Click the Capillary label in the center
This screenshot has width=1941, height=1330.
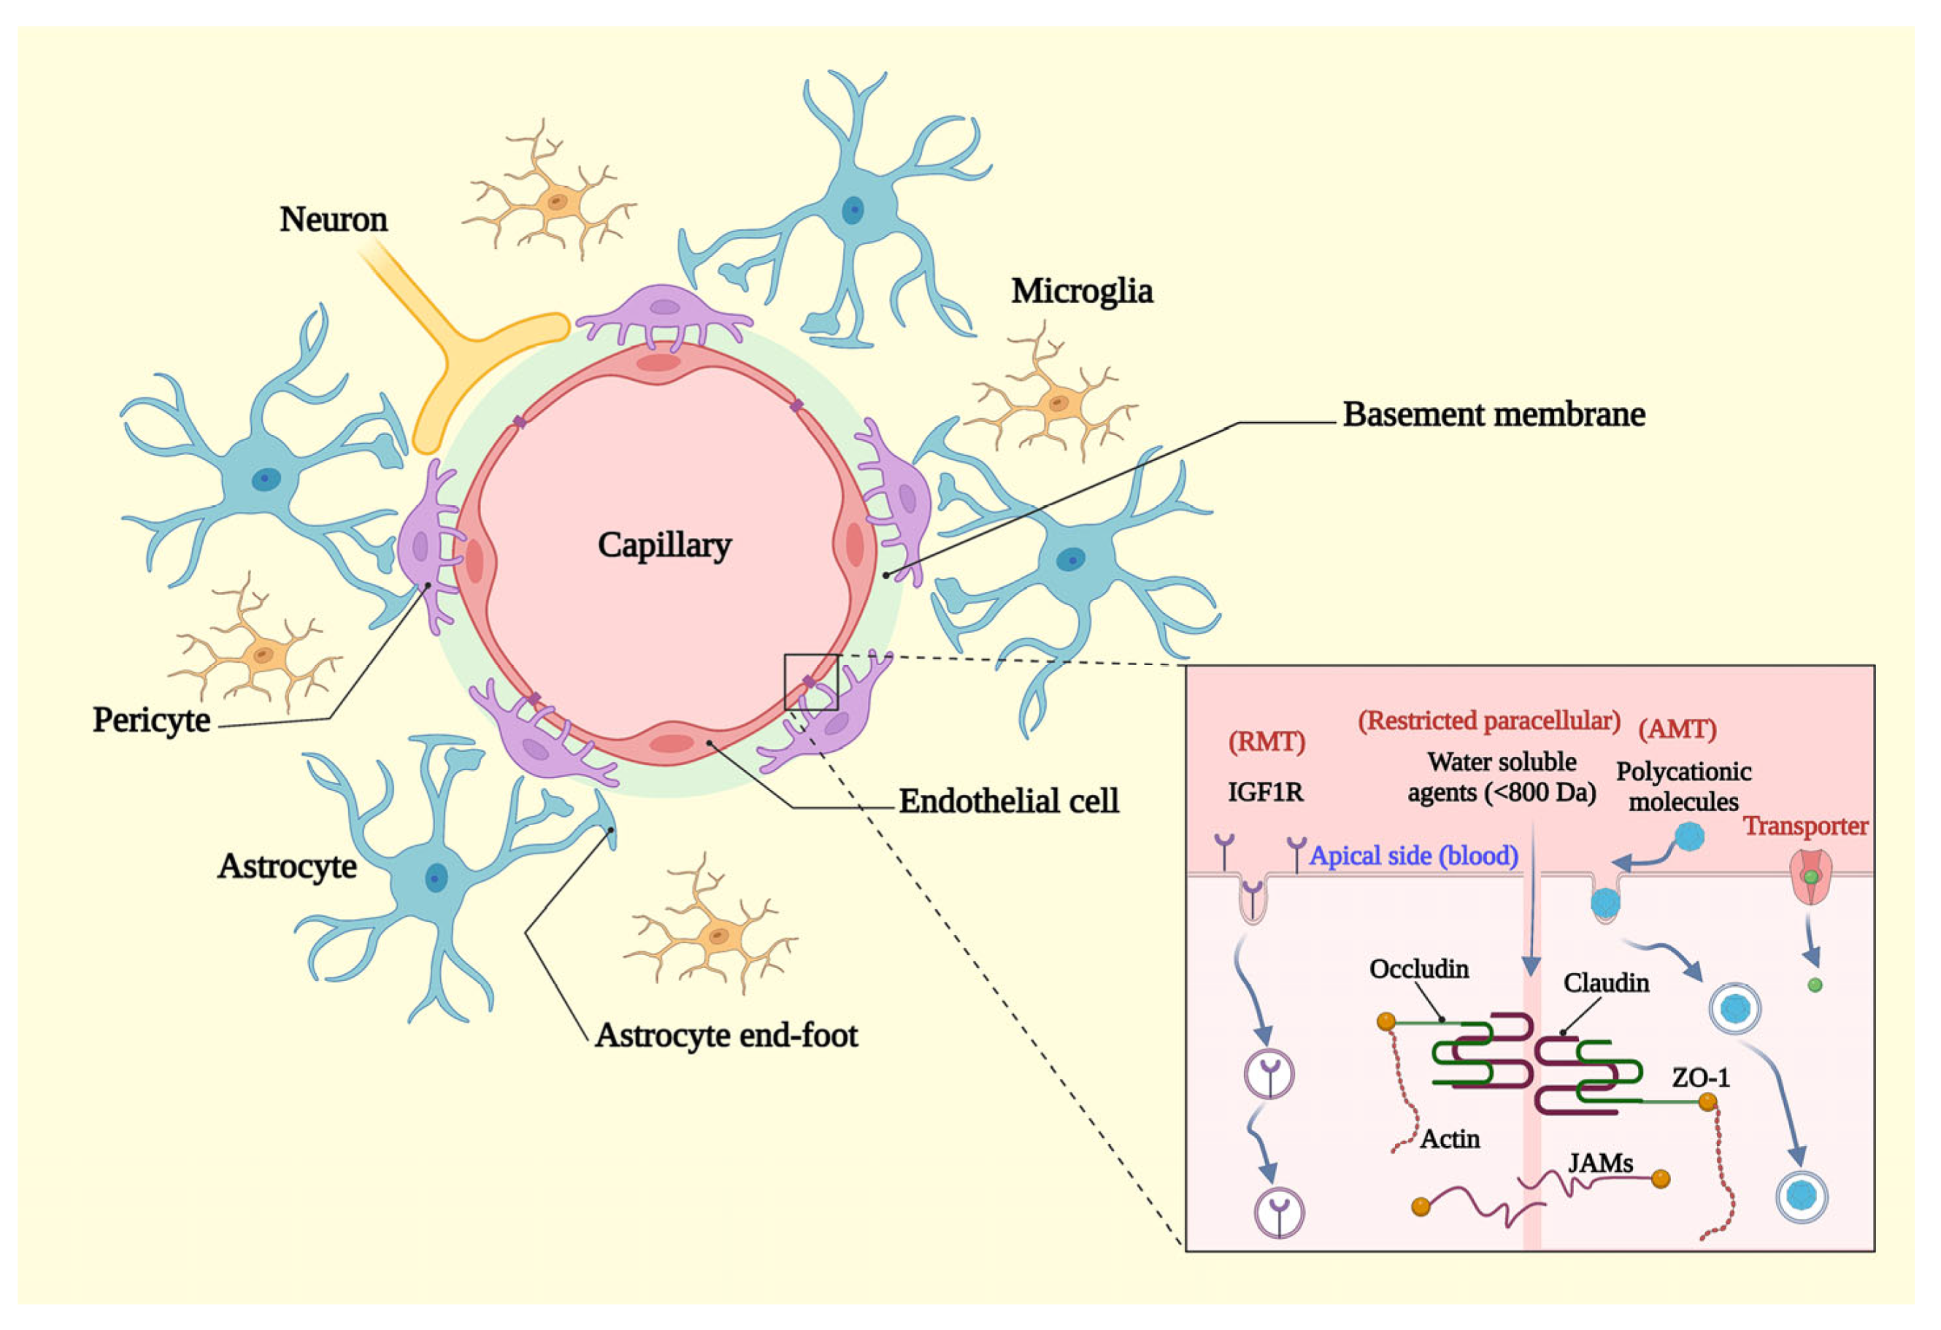tap(664, 545)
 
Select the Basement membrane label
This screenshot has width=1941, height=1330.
tap(1494, 415)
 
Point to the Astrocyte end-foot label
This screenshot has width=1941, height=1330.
tap(726, 1036)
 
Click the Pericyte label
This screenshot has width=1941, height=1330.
tap(151, 720)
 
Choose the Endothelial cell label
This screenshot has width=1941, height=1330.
tap(1008, 802)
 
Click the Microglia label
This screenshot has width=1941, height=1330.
tap(1082, 291)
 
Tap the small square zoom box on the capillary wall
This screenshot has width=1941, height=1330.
tap(810, 683)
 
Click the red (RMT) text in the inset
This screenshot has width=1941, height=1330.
tap(1267, 741)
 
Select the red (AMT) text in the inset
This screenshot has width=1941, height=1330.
tap(1676, 729)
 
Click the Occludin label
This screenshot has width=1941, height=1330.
tap(1418, 969)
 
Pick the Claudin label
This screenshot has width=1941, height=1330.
tap(1605, 983)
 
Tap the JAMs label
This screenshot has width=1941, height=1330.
tap(1599, 1163)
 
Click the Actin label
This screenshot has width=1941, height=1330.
tap(1450, 1139)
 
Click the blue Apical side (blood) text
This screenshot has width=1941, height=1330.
tap(1413, 856)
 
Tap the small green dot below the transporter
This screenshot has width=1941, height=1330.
tap(1814, 985)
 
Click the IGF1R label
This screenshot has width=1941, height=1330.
tap(1264, 792)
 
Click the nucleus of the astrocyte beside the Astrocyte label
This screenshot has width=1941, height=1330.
tap(436, 878)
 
